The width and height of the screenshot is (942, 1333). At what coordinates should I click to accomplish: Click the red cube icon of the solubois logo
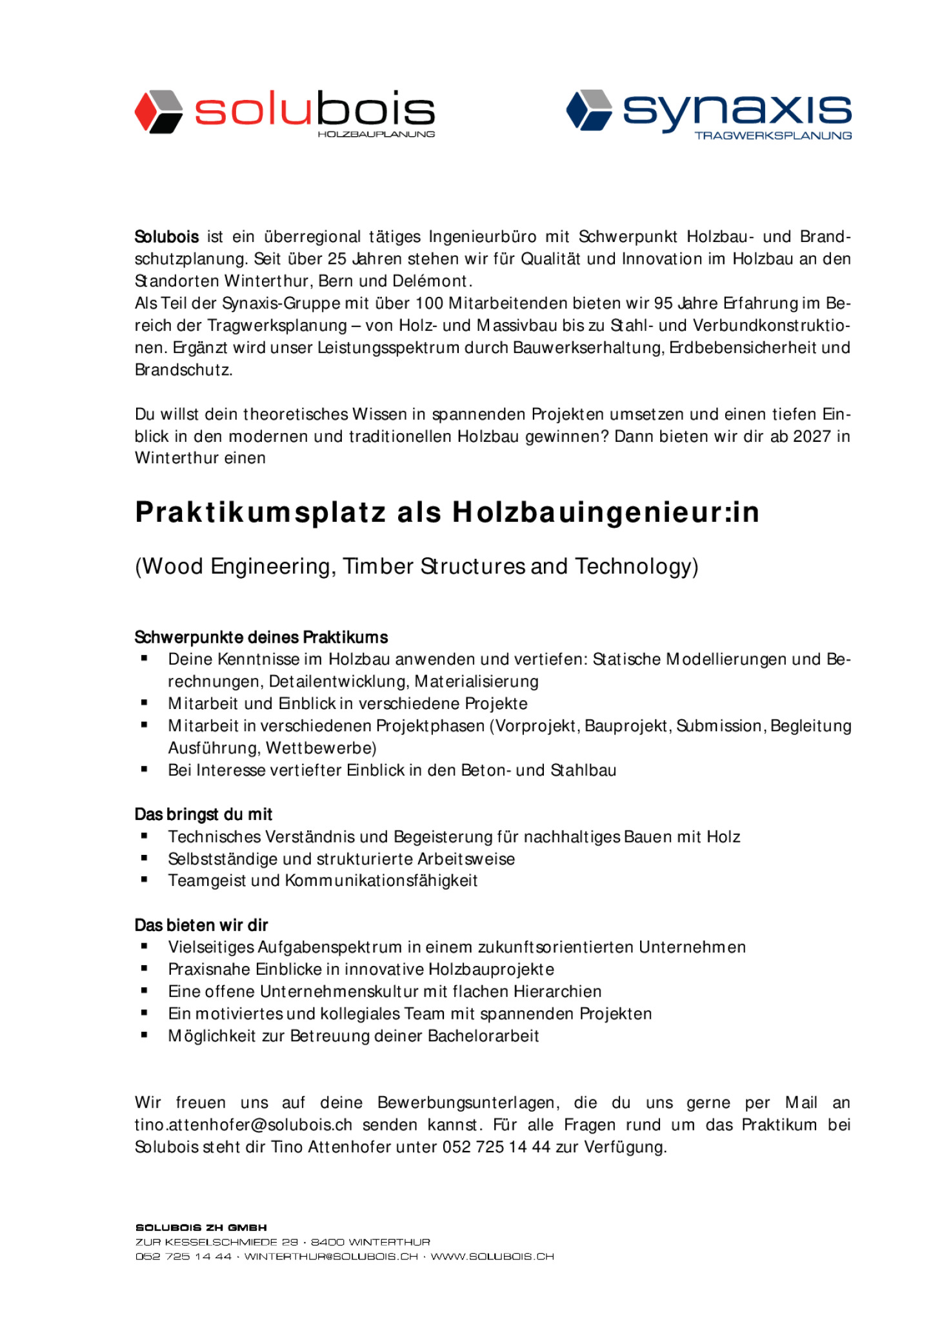[x=158, y=112]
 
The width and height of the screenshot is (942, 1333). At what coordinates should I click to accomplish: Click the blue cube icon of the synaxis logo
[x=588, y=110]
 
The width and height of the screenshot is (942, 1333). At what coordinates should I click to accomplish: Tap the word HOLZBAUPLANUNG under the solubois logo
[x=376, y=134]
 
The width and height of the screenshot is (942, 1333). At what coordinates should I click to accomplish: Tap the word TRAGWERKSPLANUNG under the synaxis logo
[x=772, y=135]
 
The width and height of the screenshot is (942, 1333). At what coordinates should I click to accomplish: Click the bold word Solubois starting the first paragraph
[x=166, y=237]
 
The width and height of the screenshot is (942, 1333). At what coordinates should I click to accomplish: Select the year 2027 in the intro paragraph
[x=811, y=436]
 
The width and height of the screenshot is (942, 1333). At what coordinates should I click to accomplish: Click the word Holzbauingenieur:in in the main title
[x=605, y=512]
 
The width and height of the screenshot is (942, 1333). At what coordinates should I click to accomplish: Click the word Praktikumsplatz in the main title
[x=261, y=512]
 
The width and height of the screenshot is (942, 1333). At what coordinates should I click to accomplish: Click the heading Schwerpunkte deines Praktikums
[x=261, y=637]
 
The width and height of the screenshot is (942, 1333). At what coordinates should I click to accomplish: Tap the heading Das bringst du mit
[x=203, y=814]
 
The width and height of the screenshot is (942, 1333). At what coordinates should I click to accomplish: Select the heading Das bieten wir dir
[x=201, y=925]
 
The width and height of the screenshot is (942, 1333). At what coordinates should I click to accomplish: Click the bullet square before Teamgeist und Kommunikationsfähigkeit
[x=145, y=880]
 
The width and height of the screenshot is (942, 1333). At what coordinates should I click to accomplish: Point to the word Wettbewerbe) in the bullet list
[x=321, y=748]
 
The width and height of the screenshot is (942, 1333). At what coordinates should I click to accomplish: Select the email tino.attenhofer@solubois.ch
[x=243, y=1125]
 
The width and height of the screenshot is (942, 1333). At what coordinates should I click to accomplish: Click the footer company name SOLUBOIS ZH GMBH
[x=201, y=1228]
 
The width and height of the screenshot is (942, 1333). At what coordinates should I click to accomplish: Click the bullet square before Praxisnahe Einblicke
[x=145, y=968]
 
